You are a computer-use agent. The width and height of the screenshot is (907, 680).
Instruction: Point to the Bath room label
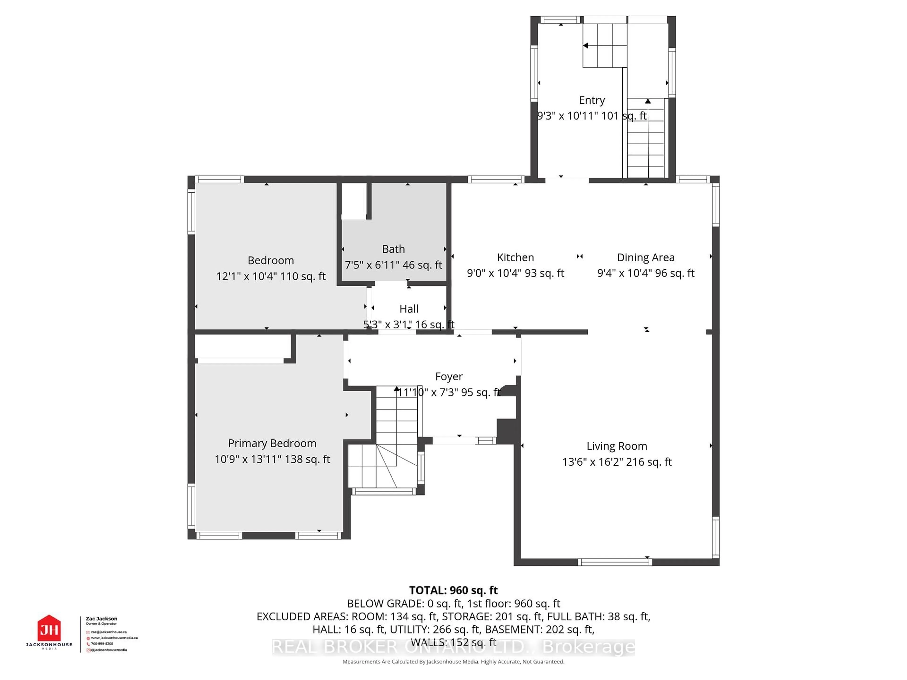coord(393,249)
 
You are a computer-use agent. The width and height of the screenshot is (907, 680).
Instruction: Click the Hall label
coord(409,309)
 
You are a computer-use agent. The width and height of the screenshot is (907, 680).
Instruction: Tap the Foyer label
coord(449,376)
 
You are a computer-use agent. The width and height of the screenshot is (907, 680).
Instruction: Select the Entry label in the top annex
coord(592,100)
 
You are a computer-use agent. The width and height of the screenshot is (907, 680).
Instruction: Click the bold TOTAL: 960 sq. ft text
coord(453,590)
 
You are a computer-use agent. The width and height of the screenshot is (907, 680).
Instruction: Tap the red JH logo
coord(49,628)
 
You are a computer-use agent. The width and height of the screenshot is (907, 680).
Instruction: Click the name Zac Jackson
coord(101,619)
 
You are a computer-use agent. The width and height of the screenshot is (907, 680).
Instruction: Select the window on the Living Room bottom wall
coord(615,562)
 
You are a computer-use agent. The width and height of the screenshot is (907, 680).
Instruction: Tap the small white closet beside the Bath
coord(354,201)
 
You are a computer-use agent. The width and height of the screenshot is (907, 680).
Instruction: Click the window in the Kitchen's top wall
coord(496,179)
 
